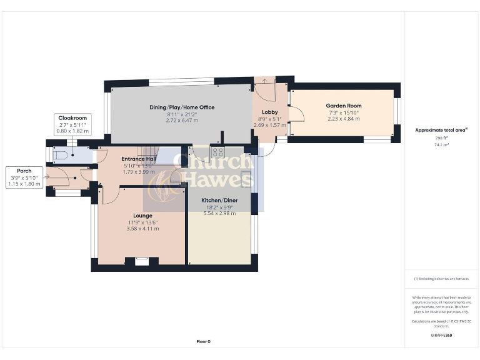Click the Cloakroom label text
(72, 117)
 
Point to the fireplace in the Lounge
(142, 261)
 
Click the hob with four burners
(218, 152)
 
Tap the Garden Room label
(343, 106)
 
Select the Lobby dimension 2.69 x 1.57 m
(269, 125)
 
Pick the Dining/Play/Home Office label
(182, 107)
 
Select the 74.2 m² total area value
(442, 144)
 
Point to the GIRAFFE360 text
(441, 336)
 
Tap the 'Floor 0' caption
(203, 341)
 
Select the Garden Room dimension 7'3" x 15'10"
(344, 112)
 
